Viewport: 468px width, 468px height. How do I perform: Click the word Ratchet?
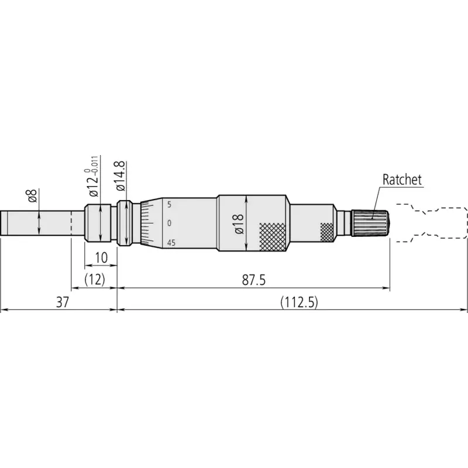[402, 180]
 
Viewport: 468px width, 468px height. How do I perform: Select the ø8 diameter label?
[33, 196]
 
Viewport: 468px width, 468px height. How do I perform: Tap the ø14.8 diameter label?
[121, 177]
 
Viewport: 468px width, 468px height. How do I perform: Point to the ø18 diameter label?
[239, 224]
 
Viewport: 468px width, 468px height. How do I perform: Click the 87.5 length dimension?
[254, 280]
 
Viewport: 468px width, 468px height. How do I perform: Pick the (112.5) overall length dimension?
[299, 302]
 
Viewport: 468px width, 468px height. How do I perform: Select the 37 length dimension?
[63, 302]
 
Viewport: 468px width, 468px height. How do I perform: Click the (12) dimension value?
[95, 280]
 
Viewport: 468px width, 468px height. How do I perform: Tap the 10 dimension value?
[101, 257]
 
